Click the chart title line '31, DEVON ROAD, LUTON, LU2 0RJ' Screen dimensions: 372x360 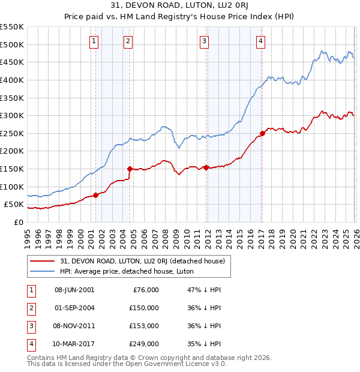(180, 5)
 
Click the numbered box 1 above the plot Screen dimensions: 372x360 (95, 41)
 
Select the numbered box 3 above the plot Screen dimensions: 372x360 (205, 41)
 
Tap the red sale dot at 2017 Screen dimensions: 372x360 (262, 133)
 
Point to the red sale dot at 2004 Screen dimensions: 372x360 (130, 169)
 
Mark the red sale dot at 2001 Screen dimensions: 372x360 (95, 194)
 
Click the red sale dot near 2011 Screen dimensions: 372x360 (206, 167)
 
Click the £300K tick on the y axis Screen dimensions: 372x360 (12, 115)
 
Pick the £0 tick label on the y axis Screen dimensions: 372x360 (19, 222)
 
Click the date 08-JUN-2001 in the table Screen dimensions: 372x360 (74, 290)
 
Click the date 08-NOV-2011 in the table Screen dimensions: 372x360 (74, 326)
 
